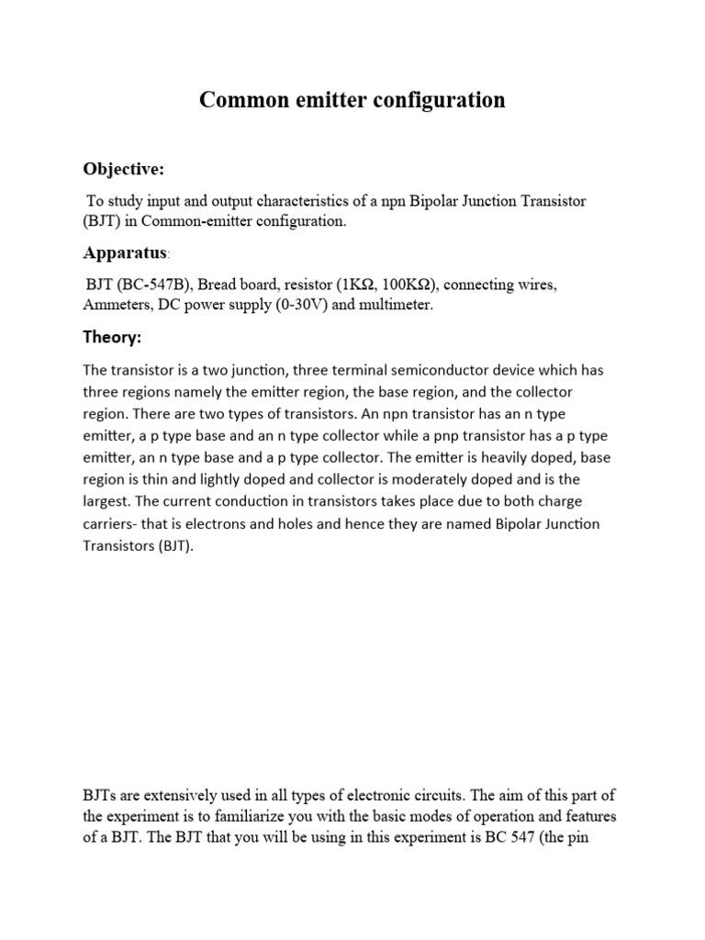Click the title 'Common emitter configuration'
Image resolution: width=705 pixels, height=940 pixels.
[x=352, y=100]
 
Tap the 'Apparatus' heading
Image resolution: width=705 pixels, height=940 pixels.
[x=124, y=252]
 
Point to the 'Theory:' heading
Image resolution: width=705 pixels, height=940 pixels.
[x=112, y=338]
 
